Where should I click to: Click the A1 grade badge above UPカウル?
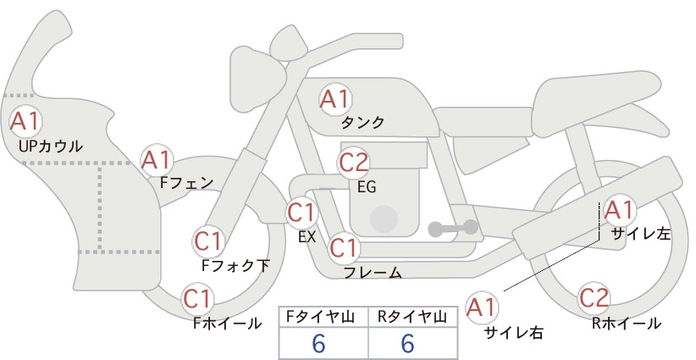tap(25, 121)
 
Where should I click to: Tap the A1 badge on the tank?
tap(335, 99)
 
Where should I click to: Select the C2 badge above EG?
tap(353, 163)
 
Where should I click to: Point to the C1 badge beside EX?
tap(301, 213)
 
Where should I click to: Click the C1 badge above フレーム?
tap(344, 247)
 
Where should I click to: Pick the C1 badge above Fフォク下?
tap(208, 241)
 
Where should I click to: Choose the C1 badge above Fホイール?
tap(197, 299)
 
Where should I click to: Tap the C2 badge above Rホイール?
tap(594, 298)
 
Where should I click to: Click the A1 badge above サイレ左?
tap(618, 210)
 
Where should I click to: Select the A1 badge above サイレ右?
tap(482, 307)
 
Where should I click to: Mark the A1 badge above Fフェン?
tap(157, 160)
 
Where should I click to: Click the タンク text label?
tap(362, 123)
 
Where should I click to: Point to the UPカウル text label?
tap(51, 146)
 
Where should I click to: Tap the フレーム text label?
tap(373, 273)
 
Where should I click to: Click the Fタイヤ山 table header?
tap(320, 317)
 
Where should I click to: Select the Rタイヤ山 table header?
tap(412, 317)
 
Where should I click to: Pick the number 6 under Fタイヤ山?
tap(318, 343)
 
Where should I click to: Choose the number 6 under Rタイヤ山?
tap(407, 343)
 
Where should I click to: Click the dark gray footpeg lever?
tap(453, 228)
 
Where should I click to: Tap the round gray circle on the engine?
tap(384, 219)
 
